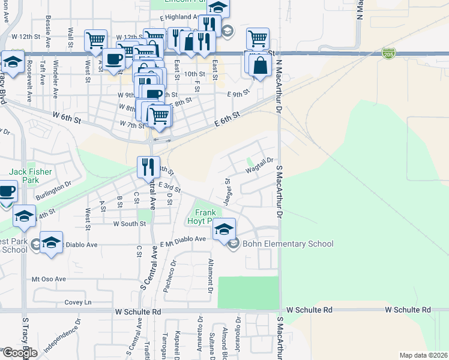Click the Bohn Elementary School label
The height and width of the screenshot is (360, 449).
coord(287,244)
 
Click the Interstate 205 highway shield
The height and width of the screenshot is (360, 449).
coord(388,54)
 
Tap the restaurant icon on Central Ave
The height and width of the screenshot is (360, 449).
coord(148,166)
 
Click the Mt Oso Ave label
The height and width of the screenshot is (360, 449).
coord(47,280)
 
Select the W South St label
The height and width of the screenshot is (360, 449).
coord(129,224)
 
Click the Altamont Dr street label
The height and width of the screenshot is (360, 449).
coord(210,275)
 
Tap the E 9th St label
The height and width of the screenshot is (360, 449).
coord(238,94)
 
